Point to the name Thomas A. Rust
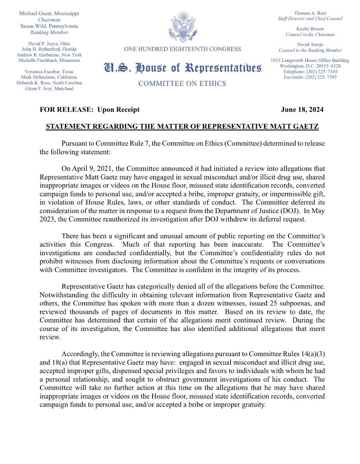(x=310, y=13)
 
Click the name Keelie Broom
(x=310, y=29)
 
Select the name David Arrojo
(x=310, y=44)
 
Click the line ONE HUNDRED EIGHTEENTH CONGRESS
(x=182, y=49)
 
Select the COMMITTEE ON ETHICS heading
(x=182, y=84)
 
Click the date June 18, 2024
(x=302, y=110)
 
